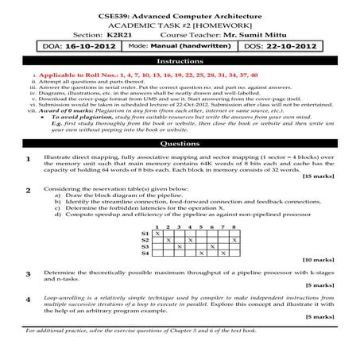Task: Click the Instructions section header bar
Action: (x=180, y=60)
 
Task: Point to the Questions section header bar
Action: (x=180, y=145)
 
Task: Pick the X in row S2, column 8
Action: (x=233, y=239)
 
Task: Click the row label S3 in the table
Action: (x=144, y=246)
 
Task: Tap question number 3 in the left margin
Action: (x=29, y=273)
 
